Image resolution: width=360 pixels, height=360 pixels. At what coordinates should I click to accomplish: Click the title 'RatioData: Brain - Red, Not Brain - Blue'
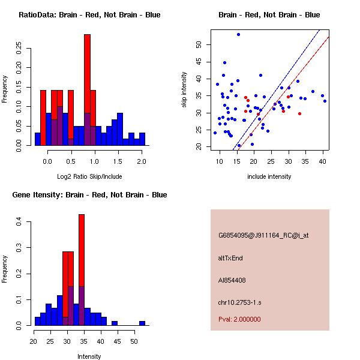pyautogui.click(x=89, y=15)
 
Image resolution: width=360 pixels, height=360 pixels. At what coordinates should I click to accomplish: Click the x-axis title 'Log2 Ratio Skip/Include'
pyautogui.click(x=89, y=178)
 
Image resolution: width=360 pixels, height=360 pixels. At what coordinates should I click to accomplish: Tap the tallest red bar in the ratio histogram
pyautogui.click(x=87, y=72)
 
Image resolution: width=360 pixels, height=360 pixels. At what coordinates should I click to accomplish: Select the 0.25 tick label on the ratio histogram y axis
pyautogui.click(x=19, y=47)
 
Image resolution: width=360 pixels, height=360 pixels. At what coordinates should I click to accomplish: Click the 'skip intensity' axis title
pyautogui.click(x=184, y=90)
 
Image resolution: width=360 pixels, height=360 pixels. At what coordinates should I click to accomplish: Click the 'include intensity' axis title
pyautogui.click(x=269, y=177)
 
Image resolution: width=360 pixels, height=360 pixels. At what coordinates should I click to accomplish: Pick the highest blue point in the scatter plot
pyautogui.click(x=238, y=34)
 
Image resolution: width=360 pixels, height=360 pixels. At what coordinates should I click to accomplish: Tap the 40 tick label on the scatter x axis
pyautogui.click(x=323, y=161)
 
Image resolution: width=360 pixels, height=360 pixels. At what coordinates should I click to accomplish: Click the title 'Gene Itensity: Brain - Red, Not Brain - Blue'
pyautogui.click(x=89, y=195)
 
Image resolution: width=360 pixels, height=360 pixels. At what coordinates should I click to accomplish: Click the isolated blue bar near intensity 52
pyautogui.click(x=142, y=323)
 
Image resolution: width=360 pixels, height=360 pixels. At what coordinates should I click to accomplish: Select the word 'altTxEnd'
pyautogui.click(x=231, y=258)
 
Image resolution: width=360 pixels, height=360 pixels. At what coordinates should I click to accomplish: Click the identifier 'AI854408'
pyautogui.click(x=232, y=280)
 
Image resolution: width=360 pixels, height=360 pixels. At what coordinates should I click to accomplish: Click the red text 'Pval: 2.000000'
pyautogui.click(x=238, y=320)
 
